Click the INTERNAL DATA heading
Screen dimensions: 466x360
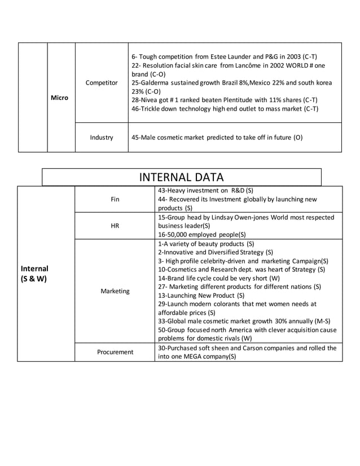(181, 177)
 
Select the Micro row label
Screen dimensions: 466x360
(59, 98)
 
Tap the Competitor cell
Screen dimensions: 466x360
(102, 83)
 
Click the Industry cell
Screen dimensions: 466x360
(102, 137)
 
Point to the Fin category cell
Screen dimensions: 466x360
(115, 199)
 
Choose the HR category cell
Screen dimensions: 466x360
(115, 226)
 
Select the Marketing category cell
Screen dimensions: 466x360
(115, 291)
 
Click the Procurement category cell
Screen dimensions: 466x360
(115, 352)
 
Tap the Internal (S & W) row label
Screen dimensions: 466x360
(34, 274)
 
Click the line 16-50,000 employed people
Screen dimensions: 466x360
(201, 234)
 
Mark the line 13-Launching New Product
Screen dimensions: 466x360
(201, 294)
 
